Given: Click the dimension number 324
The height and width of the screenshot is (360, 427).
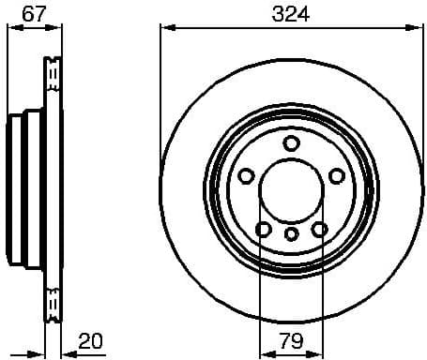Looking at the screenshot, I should pos(291,14).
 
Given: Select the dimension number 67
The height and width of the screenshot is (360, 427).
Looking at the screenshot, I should pos(34,13).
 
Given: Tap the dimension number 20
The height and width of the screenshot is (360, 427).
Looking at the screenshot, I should pos(91,343).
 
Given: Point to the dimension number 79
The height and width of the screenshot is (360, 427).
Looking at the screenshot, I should pos(291,343).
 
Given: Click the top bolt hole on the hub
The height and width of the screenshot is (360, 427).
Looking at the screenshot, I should pos(291,142).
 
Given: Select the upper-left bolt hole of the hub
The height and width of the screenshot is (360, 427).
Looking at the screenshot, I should pos(246,175).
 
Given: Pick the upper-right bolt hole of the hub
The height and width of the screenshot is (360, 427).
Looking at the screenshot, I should pos(336,175).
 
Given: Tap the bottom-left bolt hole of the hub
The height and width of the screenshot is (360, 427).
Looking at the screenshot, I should pos(264,229).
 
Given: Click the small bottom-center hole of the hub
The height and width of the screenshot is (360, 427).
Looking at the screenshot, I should pos(291,233).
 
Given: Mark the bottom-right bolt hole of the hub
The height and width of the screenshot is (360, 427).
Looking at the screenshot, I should pos(319,229).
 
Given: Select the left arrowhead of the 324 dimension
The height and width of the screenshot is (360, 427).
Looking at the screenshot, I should pos(166,27).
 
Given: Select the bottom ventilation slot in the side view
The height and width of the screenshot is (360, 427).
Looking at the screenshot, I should pos(53,302).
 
